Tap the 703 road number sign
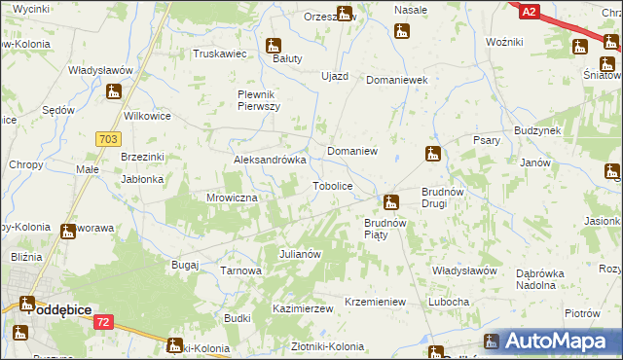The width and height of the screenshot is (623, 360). pos(108,140)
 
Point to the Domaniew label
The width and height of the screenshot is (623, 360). pos(352,153)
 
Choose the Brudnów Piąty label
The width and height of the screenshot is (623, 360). pos(390,229)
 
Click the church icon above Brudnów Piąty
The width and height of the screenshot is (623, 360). pos(390,202)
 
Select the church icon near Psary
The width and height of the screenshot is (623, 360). pos(433,154)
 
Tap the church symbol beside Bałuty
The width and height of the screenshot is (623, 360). pos(274,46)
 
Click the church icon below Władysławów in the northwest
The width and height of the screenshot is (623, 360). pos(114,91)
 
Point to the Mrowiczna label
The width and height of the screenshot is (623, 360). pos(231,198)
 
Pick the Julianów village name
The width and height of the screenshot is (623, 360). pos(300,254)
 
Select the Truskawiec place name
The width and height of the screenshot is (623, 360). pos(219,54)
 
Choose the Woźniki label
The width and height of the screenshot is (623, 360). pos(504,43)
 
